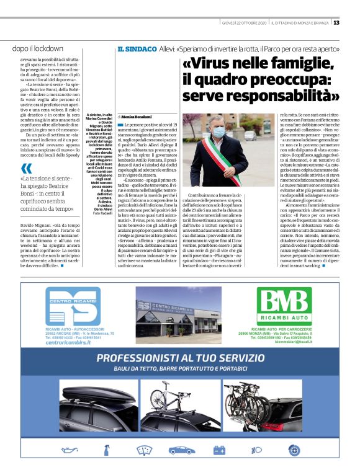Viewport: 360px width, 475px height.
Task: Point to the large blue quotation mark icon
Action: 25,169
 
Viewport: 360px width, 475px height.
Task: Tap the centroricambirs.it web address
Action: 68,342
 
